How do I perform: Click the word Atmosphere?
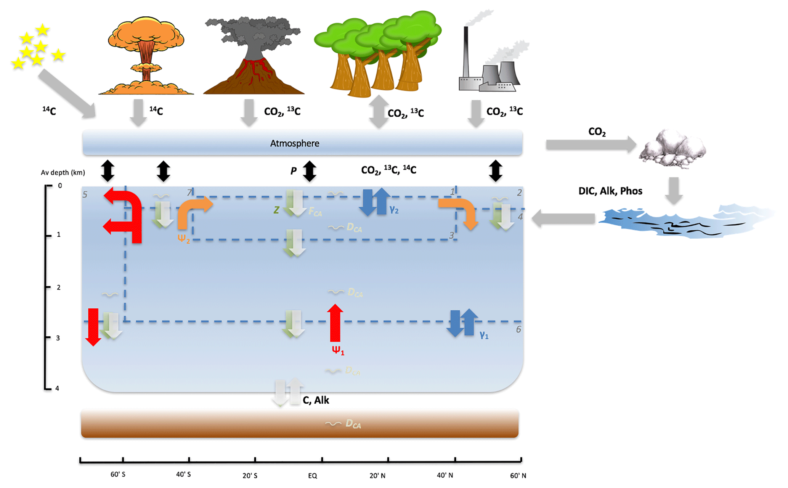pyautogui.click(x=295, y=143)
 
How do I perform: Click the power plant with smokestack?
pyautogui.click(x=492, y=65)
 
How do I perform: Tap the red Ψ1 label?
pyautogui.click(x=338, y=350)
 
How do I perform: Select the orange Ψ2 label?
pyautogui.click(x=183, y=239)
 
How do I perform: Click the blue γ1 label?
pyautogui.click(x=484, y=335)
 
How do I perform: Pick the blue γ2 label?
pyautogui.click(x=394, y=209)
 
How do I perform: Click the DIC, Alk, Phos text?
pyautogui.click(x=610, y=191)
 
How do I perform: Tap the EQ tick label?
pyautogui.click(x=313, y=475)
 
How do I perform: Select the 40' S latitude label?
pyautogui.click(x=183, y=474)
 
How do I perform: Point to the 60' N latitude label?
pyautogui.click(x=518, y=475)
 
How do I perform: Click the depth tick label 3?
pyautogui.click(x=58, y=338)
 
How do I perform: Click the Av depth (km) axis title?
pyautogui.click(x=63, y=173)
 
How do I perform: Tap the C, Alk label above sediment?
pyautogui.click(x=316, y=400)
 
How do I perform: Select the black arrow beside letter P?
pyautogui.click(x=309, y=171)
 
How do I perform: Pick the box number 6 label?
pyautogui.click(x=518, y=329)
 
